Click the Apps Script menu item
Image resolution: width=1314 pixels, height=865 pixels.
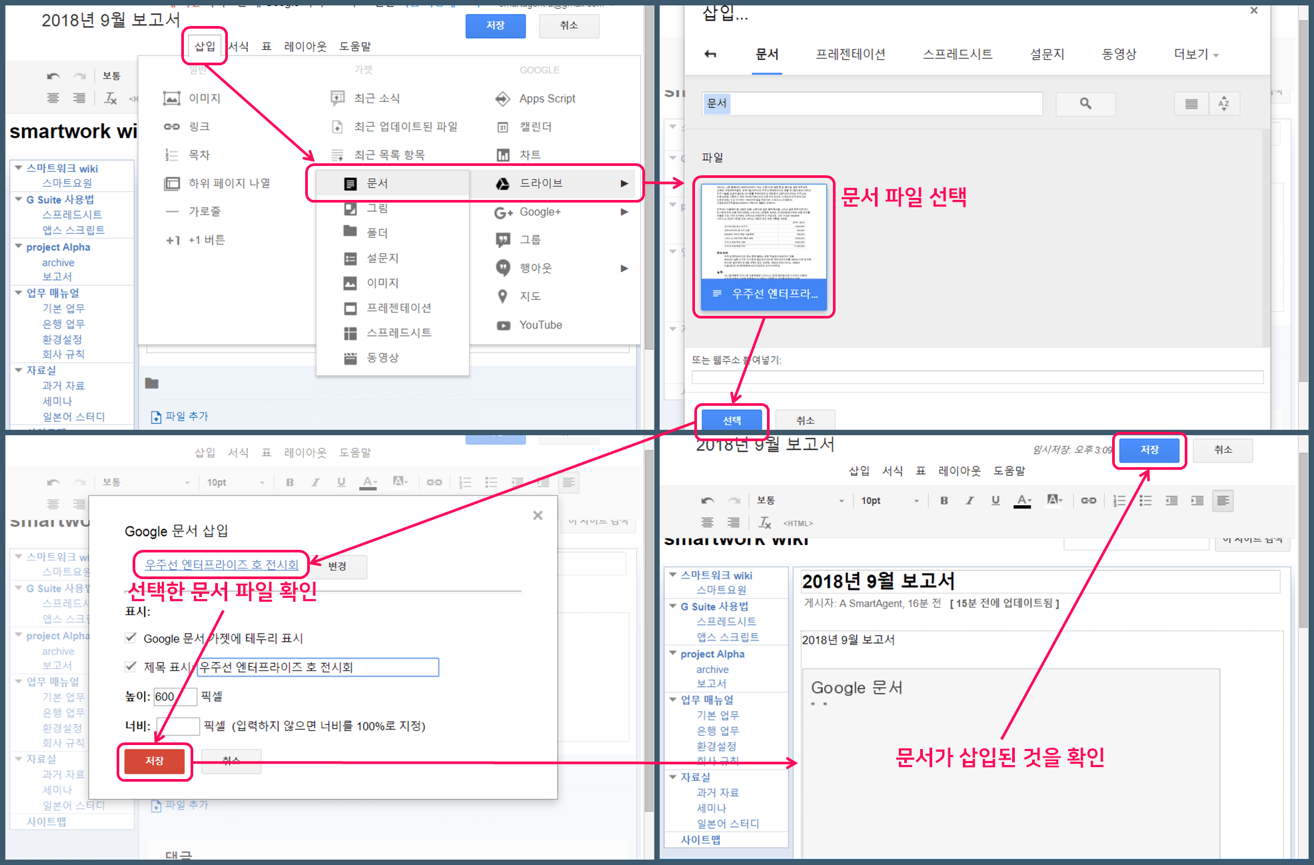coord(546,99)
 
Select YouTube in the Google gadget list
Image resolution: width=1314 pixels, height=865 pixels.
coord(540,325)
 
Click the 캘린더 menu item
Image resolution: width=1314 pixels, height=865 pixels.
coord(535,127)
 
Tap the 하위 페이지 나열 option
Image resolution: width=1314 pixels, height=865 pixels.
coord(229,183)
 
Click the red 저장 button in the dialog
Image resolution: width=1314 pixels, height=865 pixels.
coord(155,761)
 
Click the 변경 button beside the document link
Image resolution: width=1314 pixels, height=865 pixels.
coord(337,566)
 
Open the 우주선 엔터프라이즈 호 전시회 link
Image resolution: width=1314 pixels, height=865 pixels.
coord(221,564)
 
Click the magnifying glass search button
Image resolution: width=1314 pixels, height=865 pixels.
coord(1085,103)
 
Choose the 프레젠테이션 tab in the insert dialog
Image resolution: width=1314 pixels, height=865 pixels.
coord(850,55)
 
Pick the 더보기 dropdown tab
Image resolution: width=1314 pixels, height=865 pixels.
coord(1195,55)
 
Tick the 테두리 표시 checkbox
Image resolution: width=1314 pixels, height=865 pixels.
coord(131,638)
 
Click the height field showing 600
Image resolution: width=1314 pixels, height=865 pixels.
coord(175,696)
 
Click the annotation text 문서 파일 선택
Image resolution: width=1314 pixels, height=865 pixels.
coord(903,197)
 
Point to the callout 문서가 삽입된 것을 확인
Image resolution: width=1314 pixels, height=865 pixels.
coord(999,758)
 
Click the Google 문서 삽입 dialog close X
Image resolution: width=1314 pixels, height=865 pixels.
coord(538,515)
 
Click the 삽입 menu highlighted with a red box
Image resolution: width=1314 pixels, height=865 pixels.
coord(205,46)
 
